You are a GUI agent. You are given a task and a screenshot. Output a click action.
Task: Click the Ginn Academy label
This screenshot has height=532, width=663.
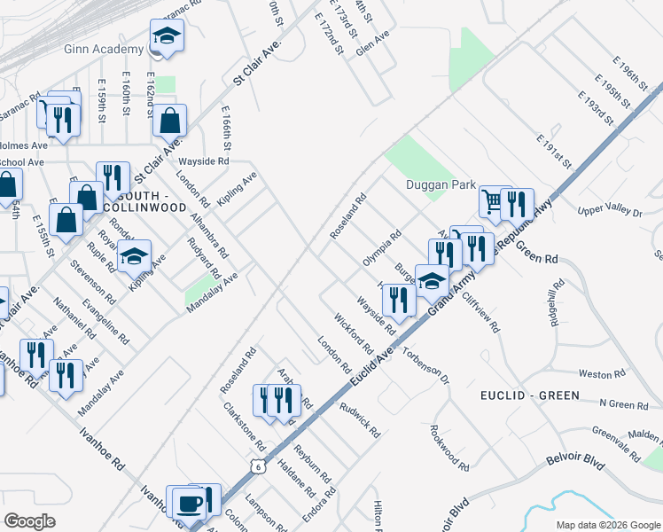tap(104, 49)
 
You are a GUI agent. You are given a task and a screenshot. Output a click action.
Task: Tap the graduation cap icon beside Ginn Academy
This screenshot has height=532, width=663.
tap(166, 36)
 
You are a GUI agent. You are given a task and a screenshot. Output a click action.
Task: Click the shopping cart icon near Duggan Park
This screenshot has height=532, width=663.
tap(493, 200)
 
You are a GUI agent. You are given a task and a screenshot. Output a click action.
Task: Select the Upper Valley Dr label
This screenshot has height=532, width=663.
tap(609, 210)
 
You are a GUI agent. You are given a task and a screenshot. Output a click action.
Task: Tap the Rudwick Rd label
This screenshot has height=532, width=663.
tap(360, 420)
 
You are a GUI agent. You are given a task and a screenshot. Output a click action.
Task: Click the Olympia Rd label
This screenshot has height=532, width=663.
tap(382, 248)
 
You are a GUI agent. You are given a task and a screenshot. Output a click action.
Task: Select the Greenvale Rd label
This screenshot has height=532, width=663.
tap(616, 441)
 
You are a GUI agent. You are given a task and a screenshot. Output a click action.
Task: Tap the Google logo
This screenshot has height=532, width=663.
tap(29, 520)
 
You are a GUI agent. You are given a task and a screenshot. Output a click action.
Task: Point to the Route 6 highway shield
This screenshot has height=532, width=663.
tap(257, 464)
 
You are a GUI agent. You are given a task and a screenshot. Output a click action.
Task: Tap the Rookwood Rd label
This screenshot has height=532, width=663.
tap(448, 446)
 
